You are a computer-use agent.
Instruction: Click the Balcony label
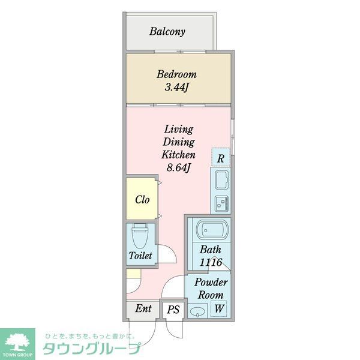click(167, 31)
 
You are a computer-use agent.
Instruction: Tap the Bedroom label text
click(176, 75)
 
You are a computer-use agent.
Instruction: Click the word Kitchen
click(178, 154)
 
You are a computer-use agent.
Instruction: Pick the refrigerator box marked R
click(221, 158)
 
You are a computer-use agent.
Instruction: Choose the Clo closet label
click(142, 200)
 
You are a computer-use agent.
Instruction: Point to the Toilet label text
click(140, 256)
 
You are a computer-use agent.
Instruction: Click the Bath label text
click(211, 250)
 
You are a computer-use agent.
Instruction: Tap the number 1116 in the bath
click(212, 262)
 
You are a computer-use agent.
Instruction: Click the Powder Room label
click(209, 289)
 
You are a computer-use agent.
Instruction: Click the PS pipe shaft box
click(173, 310)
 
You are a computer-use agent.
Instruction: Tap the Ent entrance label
click(143, 310)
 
